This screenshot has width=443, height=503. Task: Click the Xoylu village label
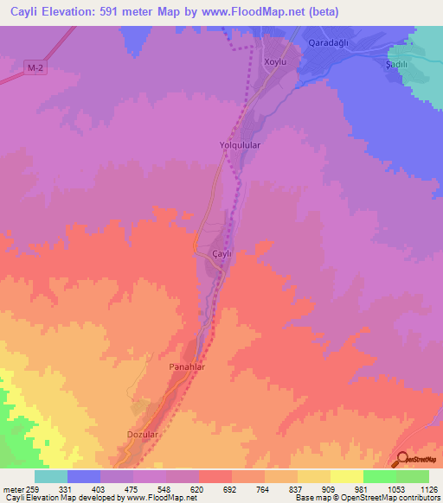[x=275, y=63]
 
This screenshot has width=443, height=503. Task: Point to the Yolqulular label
[x=240, y=146]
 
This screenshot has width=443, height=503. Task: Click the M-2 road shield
[x=34, y=67]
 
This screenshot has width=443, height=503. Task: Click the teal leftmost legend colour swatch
[x=51, y=476]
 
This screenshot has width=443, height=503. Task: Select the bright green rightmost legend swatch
[x=413, y=476]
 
